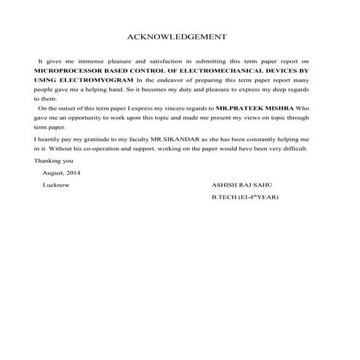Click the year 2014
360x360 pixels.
pyautogui.click(x=74, y=173)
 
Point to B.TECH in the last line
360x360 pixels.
pyautogui.click(x=224, y=197)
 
